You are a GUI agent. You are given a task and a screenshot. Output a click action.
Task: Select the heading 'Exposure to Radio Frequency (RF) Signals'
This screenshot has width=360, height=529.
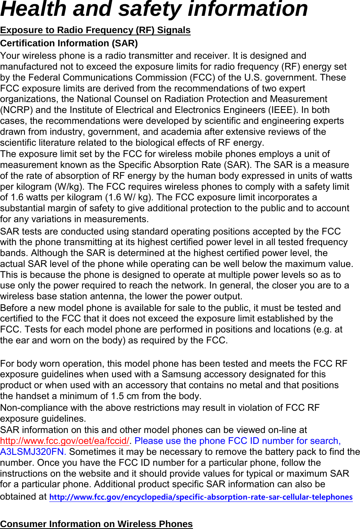tap(95, 30)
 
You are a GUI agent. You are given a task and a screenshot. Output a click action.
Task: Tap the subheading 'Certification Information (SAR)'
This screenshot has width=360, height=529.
tap(69, 43)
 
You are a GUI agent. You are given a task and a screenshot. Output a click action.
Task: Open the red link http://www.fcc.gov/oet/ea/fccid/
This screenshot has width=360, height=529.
tap(64, 441)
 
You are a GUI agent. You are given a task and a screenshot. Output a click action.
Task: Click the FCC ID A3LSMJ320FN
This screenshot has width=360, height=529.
tap(33, 452)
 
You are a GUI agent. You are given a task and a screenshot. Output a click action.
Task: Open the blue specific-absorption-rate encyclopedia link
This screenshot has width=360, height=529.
tap(201, 497)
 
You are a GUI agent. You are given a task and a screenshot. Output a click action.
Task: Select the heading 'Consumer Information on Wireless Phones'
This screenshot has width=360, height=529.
tap(96, 524)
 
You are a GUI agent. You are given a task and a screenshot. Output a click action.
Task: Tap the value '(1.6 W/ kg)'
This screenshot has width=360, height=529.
tap(129, 197)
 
